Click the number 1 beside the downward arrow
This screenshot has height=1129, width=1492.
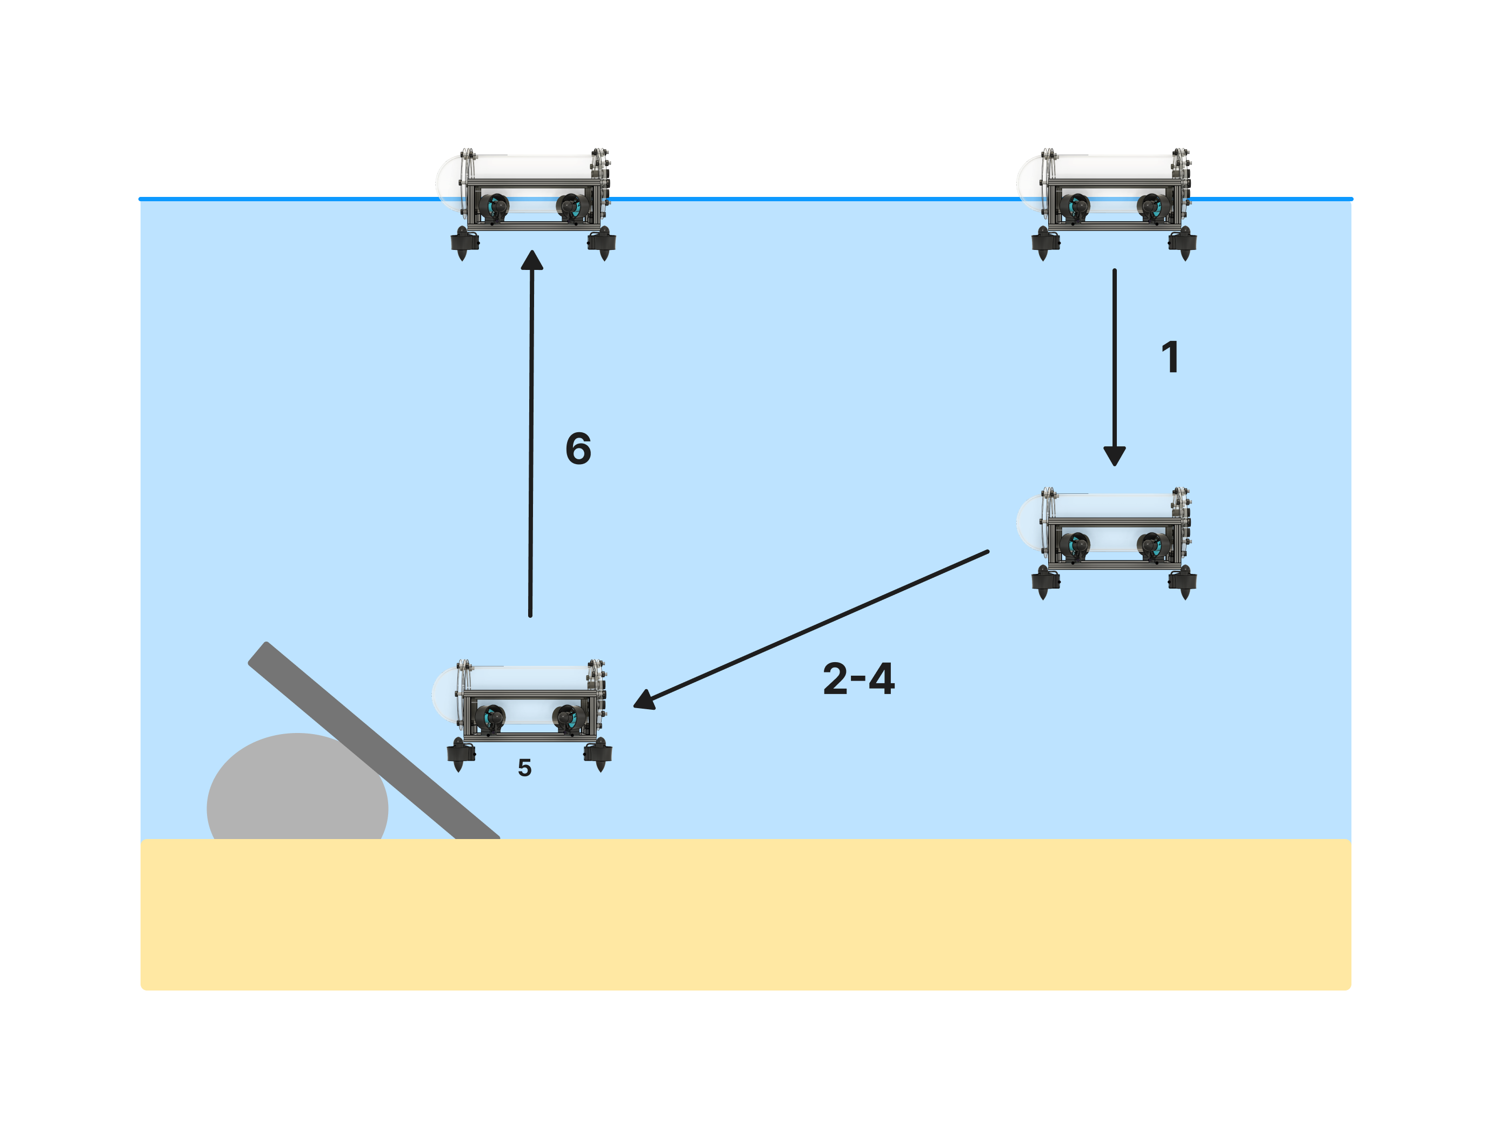pos(1170,356)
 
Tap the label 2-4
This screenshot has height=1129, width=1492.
pos(858,678)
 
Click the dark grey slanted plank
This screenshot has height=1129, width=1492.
pos(374,740)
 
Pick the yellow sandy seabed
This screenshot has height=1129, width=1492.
pos(745,914)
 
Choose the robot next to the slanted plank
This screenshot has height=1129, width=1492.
pos(523,715)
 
